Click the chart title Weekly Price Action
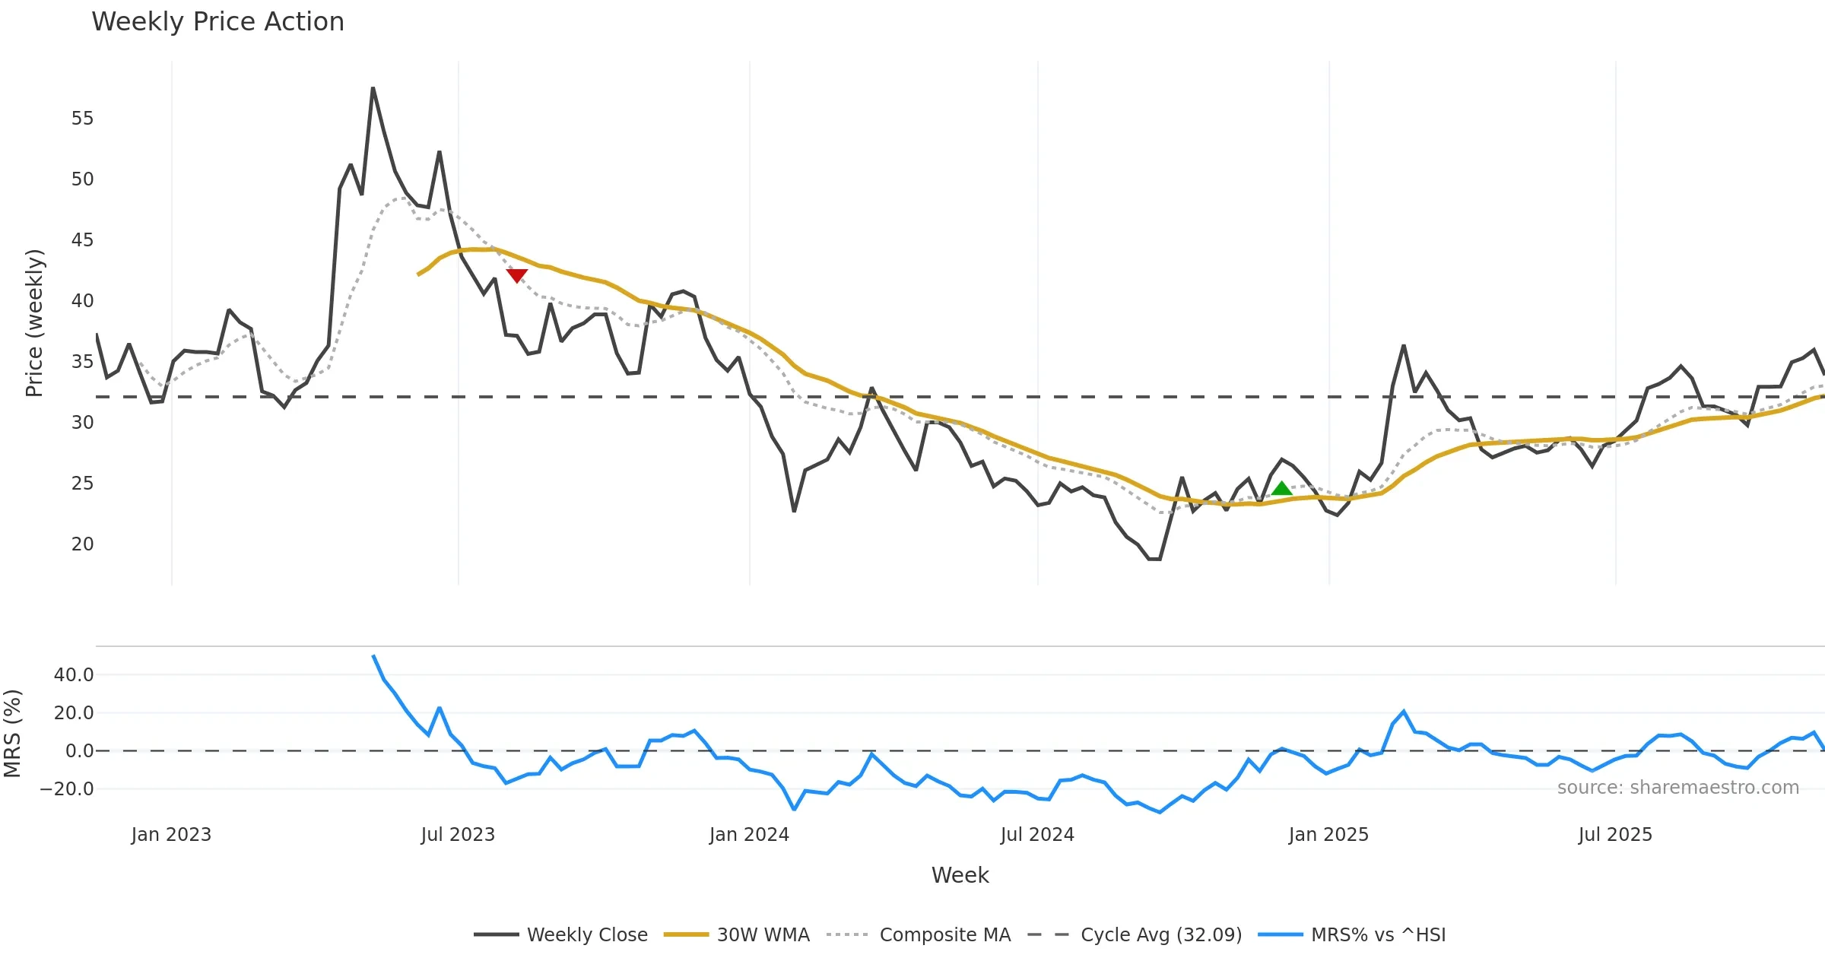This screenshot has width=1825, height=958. [217, 22]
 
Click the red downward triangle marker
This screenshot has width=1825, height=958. [517, 275]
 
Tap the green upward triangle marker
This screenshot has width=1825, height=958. [1282, 489]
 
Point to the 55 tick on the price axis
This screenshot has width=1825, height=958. [82, 119]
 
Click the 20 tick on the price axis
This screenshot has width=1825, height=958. [82, 544]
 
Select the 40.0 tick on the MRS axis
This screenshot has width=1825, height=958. [74, 675]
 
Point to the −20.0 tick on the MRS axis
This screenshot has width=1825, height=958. [68, 789]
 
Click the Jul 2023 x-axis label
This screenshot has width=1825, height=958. [458, 835]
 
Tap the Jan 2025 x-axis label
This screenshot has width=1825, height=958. [1328, 835]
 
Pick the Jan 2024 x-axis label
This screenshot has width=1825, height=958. [749, 835]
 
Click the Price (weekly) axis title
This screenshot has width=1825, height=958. [34, 323]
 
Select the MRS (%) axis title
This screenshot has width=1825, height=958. [12, 734]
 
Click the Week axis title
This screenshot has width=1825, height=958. [960, 876]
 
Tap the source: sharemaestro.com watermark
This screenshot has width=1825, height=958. [1677, 788]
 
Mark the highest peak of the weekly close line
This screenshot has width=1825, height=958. [373, 88]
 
